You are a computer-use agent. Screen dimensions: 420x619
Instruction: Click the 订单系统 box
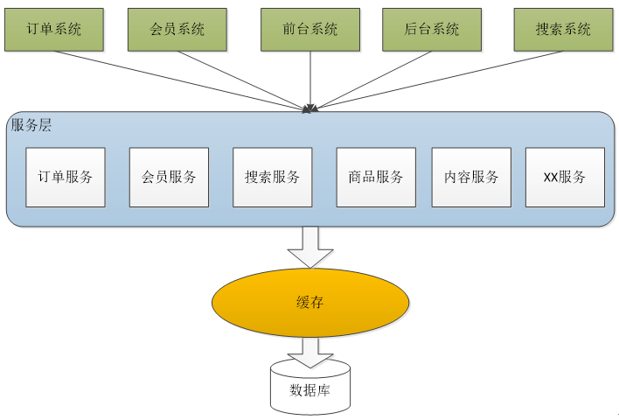click(54, 29)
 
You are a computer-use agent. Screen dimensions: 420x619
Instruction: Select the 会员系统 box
click(177, 29)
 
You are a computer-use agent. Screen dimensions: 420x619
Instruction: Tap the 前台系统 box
click(310, 29)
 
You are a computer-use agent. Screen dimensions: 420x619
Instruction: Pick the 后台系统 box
click(432, 29)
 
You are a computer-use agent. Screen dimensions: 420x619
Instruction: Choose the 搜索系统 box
click(563, 29)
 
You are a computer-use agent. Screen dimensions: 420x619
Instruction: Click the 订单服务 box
click(66, 177)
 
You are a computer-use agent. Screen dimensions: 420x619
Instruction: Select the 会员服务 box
click(169, 177)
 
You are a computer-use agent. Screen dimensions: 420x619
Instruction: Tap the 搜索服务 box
click(272, 177)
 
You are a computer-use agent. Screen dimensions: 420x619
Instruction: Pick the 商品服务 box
click(376, 177)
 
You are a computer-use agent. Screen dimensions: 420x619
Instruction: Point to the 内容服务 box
click(471, 177)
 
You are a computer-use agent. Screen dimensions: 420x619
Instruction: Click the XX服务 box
click(565, 177)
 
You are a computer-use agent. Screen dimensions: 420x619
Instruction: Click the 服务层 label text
click(31, 125)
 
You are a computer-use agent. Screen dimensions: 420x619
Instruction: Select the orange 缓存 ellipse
click(310, 303)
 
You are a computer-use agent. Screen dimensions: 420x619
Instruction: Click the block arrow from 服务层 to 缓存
click(310, 247)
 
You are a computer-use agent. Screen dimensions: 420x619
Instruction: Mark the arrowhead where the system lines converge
click(309, 109)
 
